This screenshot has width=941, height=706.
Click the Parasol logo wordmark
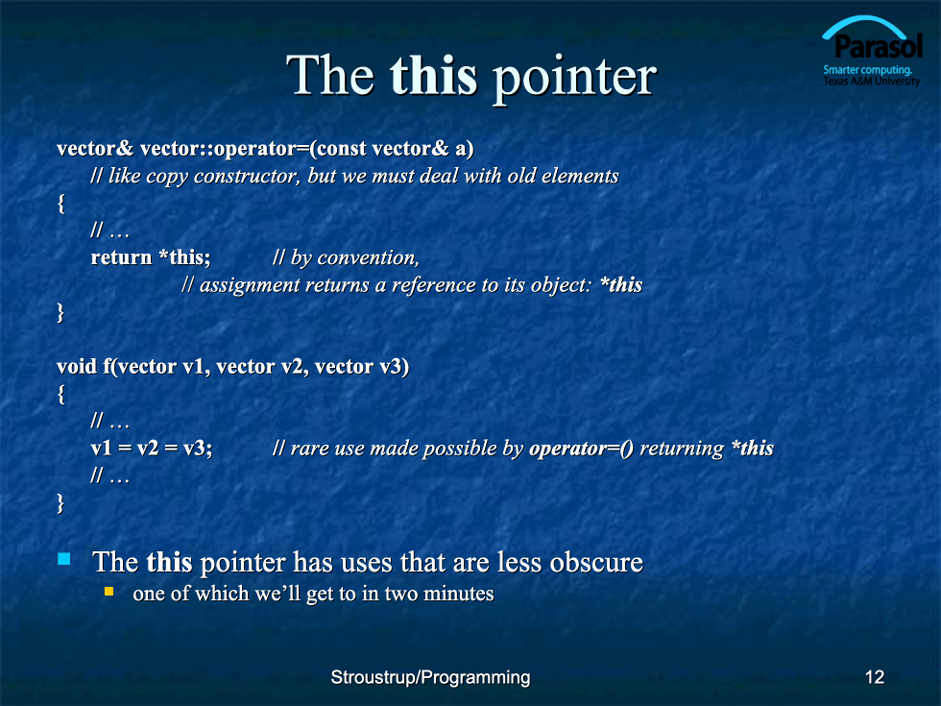tap(878, 46)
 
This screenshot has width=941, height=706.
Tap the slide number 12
tap(875, 677)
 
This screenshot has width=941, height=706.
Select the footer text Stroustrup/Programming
tap(430, 677)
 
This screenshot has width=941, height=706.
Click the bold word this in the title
tap(433, 76)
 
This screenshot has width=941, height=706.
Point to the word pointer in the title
tap(574, 79)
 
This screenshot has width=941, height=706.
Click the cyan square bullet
tap(63, 559)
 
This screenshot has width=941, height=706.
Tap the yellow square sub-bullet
tap(109, 592)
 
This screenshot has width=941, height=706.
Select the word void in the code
tap(76, 366)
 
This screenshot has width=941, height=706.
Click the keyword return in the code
tap(121, 257)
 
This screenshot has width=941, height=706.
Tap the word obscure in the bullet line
tap(596, 562)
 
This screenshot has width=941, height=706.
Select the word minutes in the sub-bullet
tap(459, 594)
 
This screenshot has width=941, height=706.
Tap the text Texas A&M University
tap(872, 81)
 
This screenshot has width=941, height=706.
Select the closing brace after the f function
tap(60, 502)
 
